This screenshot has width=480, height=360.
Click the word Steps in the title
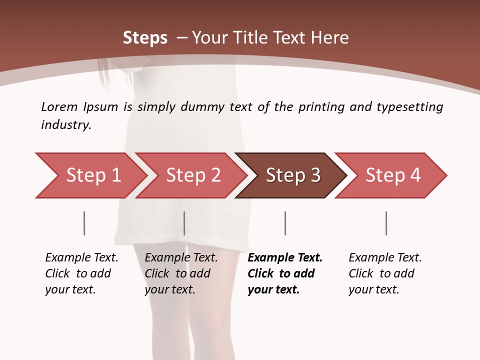(145, 38)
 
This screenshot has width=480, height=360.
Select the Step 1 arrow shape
(93, 175)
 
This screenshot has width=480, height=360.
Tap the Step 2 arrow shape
(193, 175)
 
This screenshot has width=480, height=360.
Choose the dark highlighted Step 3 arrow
(293, 175)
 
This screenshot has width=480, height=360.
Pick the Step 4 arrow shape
(393, 175)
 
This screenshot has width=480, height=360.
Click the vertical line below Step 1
(84, 223)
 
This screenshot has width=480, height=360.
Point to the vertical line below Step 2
(184, 223)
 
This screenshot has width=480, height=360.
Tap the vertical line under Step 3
(285, 223)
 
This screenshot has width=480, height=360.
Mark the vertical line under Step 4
(386, 223)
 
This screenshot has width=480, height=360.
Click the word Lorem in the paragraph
(59, 107)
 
